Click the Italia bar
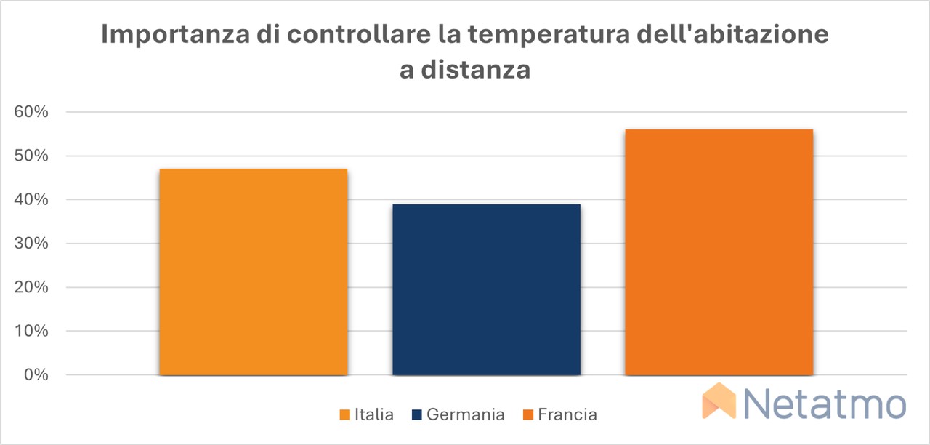point(254,272)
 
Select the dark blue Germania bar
point(487,289)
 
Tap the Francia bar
point(719,252)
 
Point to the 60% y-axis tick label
point(31,112)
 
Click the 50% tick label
point(31,156)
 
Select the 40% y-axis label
point(31,199)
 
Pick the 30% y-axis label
point(31,244)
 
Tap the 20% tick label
point(31,287)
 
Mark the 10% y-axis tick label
point(31,331)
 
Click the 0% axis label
point(36,374)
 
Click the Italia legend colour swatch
point(344,414)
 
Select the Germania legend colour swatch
point(417,414)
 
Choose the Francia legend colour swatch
point(528,414)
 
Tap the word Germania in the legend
point(466,414)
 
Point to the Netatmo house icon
point(719,401)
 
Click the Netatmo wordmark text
point(825,404)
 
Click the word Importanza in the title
point(176,35)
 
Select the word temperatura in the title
point(549,35)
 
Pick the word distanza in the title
point(476,69)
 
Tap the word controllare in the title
point(359,34)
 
